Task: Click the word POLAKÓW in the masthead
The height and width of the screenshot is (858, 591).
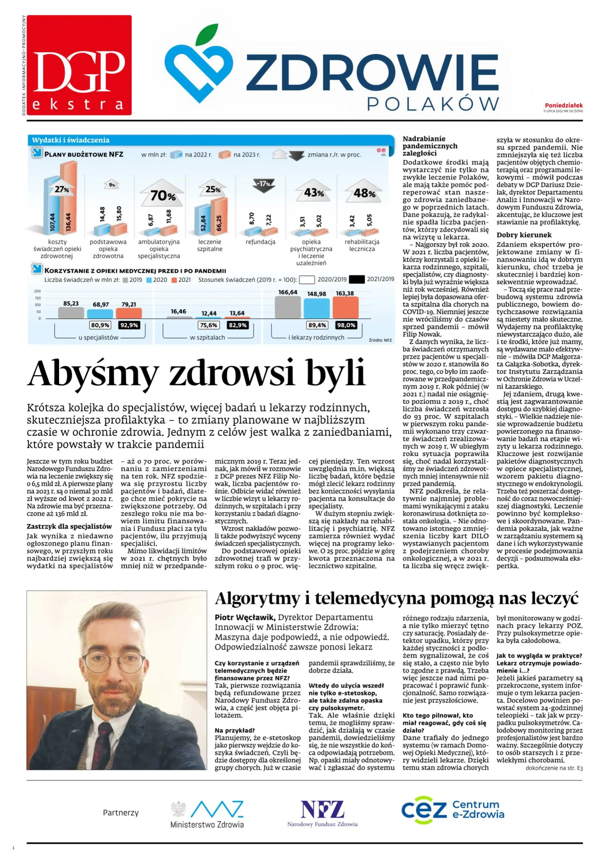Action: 433,104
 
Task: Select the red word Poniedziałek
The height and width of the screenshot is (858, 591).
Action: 563,105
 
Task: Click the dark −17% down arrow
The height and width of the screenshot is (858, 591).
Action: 264,185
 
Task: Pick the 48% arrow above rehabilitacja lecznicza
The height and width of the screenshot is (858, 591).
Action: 364,193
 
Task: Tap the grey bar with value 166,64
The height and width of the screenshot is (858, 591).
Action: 288,307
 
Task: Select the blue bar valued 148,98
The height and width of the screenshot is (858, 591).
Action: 317,308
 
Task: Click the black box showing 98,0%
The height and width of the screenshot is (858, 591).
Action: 346,325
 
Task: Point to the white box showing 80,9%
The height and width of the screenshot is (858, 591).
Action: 100,325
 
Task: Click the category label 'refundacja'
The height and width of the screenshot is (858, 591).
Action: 260,242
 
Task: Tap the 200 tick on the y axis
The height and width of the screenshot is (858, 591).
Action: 38,291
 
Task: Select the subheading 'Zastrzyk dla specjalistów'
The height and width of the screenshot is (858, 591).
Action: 69,527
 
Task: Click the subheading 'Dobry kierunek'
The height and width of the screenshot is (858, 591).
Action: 524,235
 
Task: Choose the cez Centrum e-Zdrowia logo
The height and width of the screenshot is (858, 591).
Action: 453,809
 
